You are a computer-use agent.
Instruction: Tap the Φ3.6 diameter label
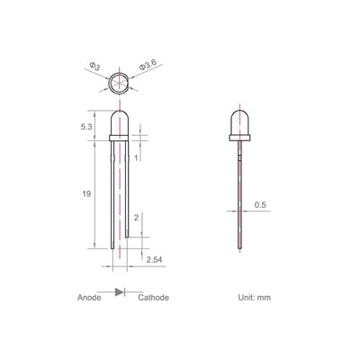pos(147,66)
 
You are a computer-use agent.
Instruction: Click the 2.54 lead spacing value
pos(154,259)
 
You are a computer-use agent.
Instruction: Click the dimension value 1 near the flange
pos(136,158)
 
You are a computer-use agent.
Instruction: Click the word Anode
pos(89,297)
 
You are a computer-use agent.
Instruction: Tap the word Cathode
pos(153,297)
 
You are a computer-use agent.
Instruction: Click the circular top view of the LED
pos(120,85)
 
